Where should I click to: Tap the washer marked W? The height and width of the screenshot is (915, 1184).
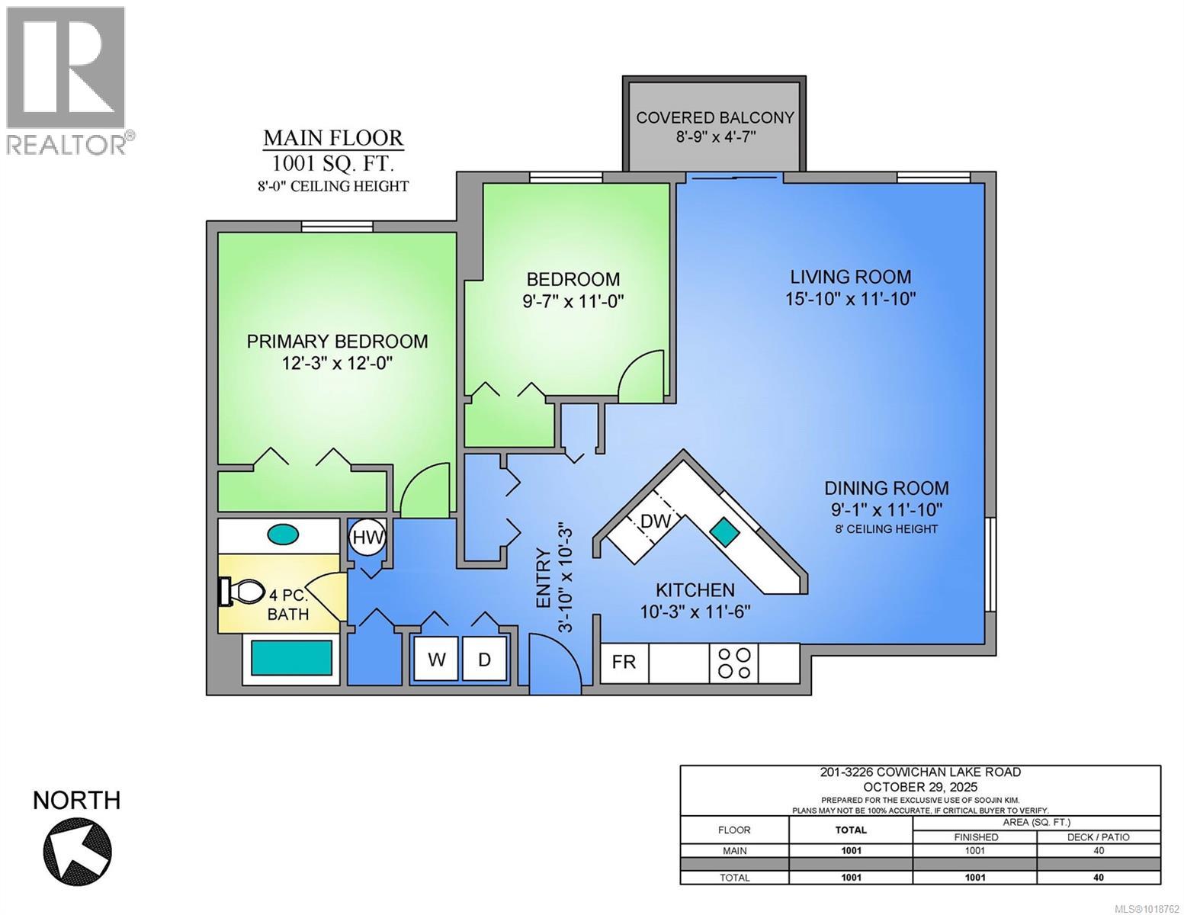[436, 659]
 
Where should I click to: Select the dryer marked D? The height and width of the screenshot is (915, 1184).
[485, 659]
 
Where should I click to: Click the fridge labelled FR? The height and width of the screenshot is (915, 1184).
[624, 662]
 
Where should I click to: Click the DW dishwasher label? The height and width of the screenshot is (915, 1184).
[655, 522]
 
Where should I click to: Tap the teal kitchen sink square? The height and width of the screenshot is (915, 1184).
[724, 531]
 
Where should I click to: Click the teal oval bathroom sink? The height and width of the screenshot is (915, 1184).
[283, 535]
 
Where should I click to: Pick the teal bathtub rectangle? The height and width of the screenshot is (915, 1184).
[292, 657]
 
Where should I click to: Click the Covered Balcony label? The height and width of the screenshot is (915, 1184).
[714, 117]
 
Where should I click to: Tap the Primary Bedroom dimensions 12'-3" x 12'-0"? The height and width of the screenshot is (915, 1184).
[337, 364]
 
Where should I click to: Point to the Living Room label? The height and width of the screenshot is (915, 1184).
[850, 277]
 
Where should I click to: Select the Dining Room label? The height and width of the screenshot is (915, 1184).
[887, 488]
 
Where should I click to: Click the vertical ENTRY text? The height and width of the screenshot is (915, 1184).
[544, 578]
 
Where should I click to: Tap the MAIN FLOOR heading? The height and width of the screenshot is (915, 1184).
[333, 138]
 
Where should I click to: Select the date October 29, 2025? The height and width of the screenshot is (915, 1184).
[919, 787]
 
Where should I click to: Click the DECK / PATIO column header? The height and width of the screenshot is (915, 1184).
[1098, 836]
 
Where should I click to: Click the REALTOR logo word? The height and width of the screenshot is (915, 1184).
[67, 143]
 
